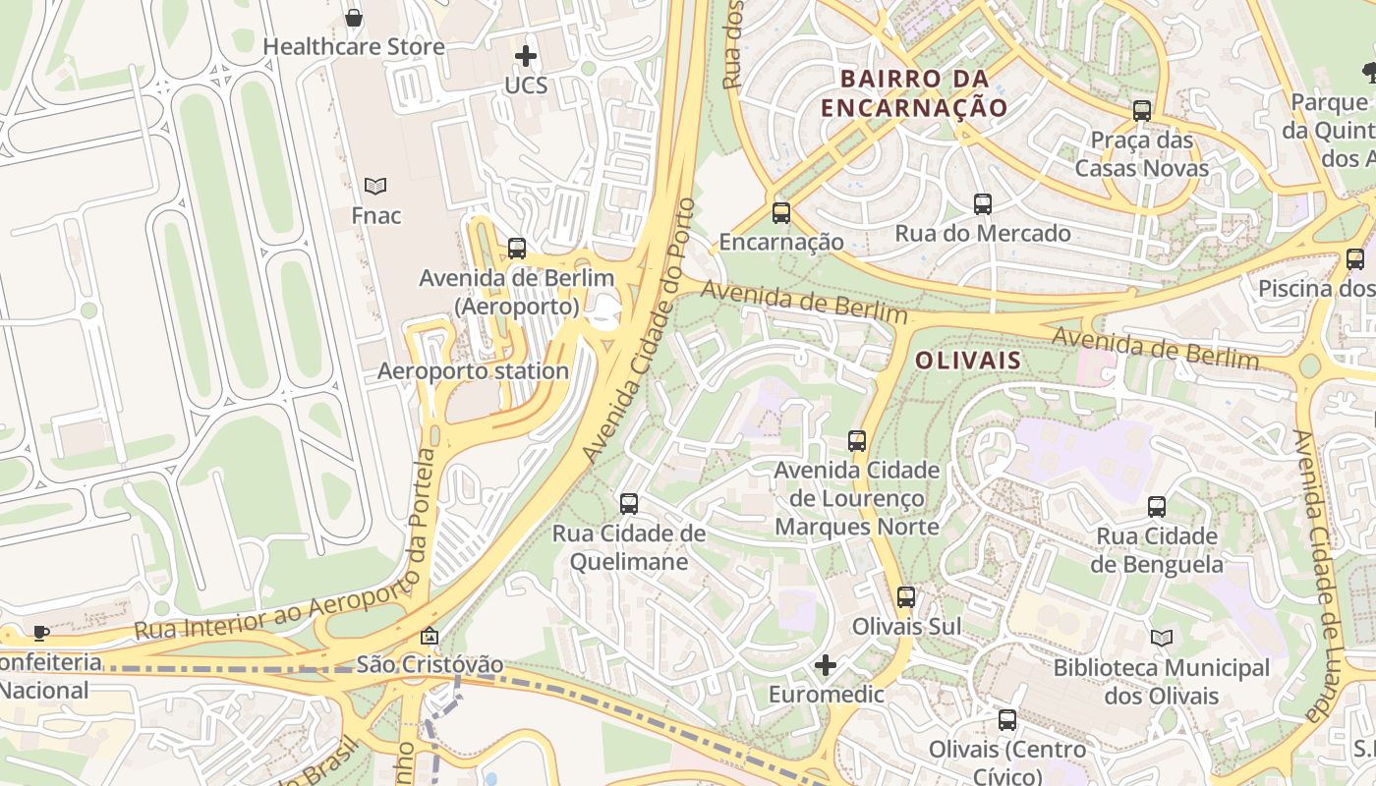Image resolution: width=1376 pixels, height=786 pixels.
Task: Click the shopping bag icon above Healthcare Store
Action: pyautogui.click(x=354, y=18)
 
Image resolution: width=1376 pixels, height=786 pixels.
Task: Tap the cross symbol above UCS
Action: pyautogui.click(x=526, y=56)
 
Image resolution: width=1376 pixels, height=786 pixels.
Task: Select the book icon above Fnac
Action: pyautogui.click(x=375, y=186)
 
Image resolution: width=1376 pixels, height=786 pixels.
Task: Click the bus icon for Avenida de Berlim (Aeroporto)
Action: pyautogui.click(x=517, y=249)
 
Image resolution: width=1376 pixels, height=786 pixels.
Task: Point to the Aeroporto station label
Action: pyautogui.click(x=473, y=371)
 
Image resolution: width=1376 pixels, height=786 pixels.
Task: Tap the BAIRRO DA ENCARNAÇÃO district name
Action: pyautogui.click(x=914, y=93)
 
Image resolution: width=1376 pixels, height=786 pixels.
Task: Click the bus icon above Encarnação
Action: pyautogui.click(x=781, y=212)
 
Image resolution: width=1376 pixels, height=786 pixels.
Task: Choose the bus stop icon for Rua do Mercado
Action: pyautogui.click(x=983, y=204)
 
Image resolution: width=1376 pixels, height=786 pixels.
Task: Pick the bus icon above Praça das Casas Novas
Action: pyautogui.click(x=1142, y=110)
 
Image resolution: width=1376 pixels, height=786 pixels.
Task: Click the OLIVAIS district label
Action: pyautogui.click(x=968, y=361)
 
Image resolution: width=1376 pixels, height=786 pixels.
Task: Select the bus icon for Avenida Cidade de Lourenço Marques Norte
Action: pyautogui.click(x=857, y=441)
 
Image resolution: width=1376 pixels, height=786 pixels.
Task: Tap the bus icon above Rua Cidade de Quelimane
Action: pyautogui.click(x=629, y=504)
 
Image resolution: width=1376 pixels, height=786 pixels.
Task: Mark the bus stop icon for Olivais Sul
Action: pyautogui.click(x=906, y=596)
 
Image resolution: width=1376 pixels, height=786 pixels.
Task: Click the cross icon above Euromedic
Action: pyautogui.click(x=826, y=666)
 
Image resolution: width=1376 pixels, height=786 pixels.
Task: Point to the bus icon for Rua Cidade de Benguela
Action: pyautogui.click(x=1157, y=507)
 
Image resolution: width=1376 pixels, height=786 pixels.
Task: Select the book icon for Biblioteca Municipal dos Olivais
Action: pyautogui.click(x=1162, y=638)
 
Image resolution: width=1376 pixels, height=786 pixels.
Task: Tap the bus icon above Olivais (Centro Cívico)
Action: pyautogui.click(x=1007, y=720)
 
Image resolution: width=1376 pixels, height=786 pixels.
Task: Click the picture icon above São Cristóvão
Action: pyautogui.click(x=430, y=637)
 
